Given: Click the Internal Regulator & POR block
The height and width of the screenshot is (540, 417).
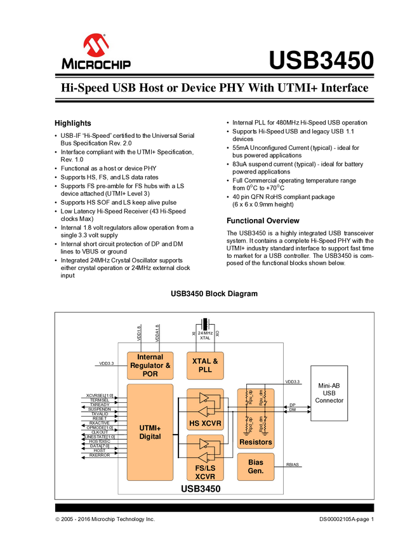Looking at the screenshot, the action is [x=150, y=365].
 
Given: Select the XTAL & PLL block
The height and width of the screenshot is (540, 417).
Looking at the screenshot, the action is [x=205, y=365].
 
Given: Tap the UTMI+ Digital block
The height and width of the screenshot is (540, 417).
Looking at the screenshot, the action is [x=150, y=432].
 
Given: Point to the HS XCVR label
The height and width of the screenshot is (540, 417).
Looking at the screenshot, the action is [x=205, y=423].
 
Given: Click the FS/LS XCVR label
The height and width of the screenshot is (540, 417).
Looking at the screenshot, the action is [x=205, y=471].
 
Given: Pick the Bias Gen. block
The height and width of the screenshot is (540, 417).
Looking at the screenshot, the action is [x=256, y=467].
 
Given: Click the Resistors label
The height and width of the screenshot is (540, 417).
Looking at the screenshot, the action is [x=256, y=442].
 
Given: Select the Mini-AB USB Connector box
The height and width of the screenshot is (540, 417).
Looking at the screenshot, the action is [x=329, y=393].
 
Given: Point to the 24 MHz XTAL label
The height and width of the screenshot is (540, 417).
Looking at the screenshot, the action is [x=204, y=335].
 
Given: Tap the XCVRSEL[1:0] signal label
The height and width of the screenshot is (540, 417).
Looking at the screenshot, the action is [x=100, y=395].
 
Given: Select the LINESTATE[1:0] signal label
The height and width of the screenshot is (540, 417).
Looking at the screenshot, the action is [x=100, y=436].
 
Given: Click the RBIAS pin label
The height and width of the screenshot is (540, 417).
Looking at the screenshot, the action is [x=294, y=464].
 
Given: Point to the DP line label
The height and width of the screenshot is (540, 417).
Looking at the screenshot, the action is [x=293, y=405].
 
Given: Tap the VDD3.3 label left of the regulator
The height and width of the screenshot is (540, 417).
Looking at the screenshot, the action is [x=107, y=364].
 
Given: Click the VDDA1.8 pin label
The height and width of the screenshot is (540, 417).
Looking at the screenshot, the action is [x=157, y=332].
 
